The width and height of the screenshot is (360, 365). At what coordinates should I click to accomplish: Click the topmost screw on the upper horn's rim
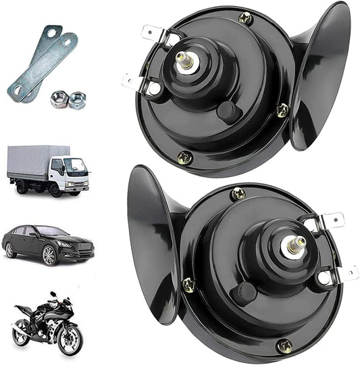[246, 19]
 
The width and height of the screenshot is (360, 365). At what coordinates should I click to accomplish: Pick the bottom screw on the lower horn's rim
[284, 346]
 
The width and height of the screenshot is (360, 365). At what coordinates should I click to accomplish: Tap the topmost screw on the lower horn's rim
[238, 194]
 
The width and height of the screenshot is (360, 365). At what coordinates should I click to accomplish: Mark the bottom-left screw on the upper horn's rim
[184, 157]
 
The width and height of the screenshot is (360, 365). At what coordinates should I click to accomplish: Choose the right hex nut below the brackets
[77, 100]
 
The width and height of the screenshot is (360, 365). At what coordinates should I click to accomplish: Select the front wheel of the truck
[56, 189]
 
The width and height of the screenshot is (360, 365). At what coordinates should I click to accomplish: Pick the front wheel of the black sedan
[50, 255]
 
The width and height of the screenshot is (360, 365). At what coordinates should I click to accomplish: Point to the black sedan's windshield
[52, 232]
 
